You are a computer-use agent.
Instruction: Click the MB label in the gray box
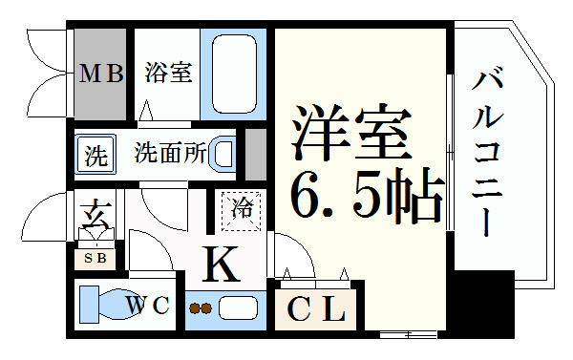point(101,74)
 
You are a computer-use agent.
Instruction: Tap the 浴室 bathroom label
point(168,73)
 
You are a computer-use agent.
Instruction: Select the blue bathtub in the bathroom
point(236,74)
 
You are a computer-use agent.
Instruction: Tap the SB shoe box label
point(93,258)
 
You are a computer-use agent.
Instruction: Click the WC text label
point(149,307)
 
